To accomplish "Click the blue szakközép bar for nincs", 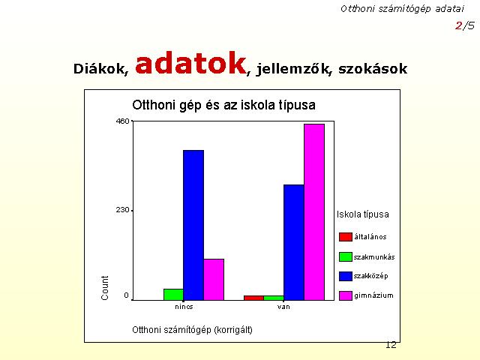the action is pyautogui.click(x=193, y=225).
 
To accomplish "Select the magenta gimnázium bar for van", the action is pyautogui.click(x=314, y=212).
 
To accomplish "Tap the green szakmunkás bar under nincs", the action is pyautogui.click(x=173, y=295).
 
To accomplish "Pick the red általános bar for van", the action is pyautogui.click(x=253, y=298).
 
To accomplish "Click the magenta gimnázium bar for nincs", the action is pyautogui.click(x=214, y=280).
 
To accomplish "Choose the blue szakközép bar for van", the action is pyautogui.click(x=294, y=242).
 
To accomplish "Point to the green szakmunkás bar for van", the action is pyautogui.click(x=274, y=298).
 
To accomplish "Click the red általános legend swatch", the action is pyautogui.click(x=346, y=237).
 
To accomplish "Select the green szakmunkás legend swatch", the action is pyautogui.click(x=346, y=256).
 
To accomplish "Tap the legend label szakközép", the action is pyautogui.click(x=371, y=276).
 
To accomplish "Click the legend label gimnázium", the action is pyautogui.click(x=373, y=295).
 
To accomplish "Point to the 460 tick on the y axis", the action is pyautogui.click(x=123, y=121).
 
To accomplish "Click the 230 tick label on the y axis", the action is pyautogui.click(x=123, y=211).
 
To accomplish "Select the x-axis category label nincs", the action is pyautogui.click(x=184, y=307).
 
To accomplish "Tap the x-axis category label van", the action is pyautogui.click(x=283, y=307).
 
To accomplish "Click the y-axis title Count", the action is pyautogui.click(x=105, y=288).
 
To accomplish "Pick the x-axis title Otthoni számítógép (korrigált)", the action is pyautogui.click(x=192, y=330).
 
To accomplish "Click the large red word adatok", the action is pyautogui.click(x=191, y=63).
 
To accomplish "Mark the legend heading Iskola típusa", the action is pyautogui.click(x=363, y=214).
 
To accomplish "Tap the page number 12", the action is pyautogui.click(x=391, y=345).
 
